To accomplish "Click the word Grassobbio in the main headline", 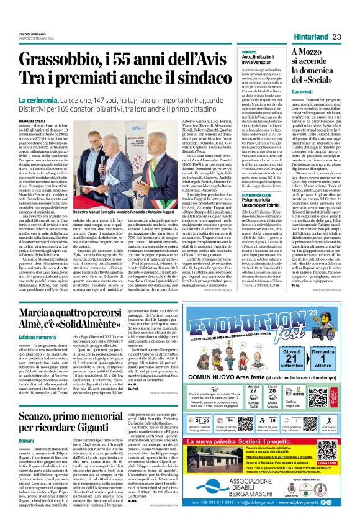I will pyautogui.click(x=66, y=61).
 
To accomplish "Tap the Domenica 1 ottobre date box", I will pyautogui.click(x=322, y=359).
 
